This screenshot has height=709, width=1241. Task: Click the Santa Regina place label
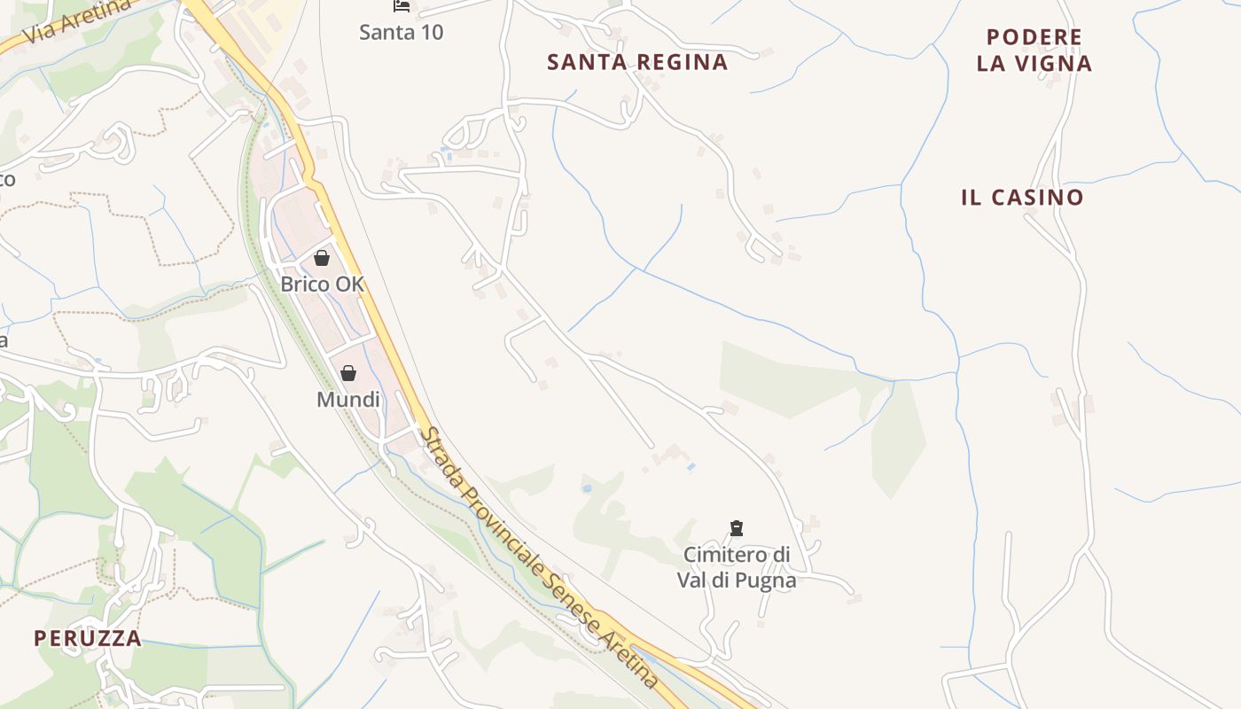[637, 62]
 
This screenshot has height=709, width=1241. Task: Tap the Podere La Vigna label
[1034, 51]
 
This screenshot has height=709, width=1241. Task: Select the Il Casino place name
[1022, 197]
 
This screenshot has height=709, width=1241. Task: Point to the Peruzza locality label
[88, 638]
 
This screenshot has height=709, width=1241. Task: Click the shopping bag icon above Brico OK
[322, 258]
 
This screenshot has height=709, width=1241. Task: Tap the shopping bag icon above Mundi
[348, 373]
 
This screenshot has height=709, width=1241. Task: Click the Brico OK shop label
[322, 284]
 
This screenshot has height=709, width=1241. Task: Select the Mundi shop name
[348, 400]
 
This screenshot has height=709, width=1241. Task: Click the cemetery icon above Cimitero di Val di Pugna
[736, 528]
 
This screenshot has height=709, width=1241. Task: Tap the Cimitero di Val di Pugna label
[737, 567]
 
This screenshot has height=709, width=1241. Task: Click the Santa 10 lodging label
[402, 33]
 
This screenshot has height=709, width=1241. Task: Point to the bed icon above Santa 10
[402, 6]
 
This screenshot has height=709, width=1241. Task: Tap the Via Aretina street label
[78, 20]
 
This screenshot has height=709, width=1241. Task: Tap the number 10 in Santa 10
[432, 33]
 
